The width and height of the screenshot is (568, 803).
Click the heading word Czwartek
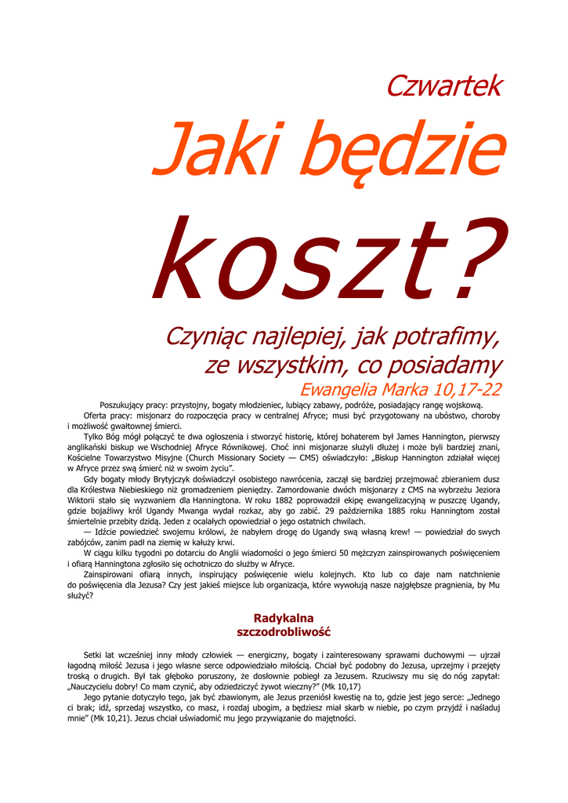click(x=443, y=86)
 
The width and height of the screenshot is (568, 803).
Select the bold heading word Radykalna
click(x=284, y=619)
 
